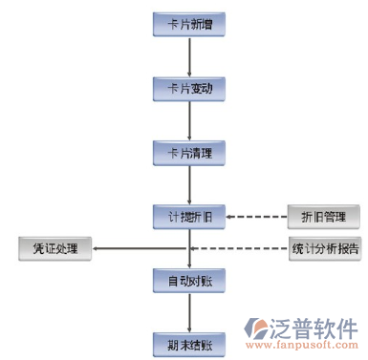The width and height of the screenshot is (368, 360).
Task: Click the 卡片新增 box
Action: [190, 24]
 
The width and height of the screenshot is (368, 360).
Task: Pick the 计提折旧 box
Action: [190, 216]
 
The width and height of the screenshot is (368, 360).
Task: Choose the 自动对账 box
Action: [190, 281]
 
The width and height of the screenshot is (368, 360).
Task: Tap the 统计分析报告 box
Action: [325, 250]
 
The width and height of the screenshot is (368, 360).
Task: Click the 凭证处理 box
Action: [54, 250]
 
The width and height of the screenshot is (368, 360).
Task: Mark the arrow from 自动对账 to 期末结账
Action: [190, 311]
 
